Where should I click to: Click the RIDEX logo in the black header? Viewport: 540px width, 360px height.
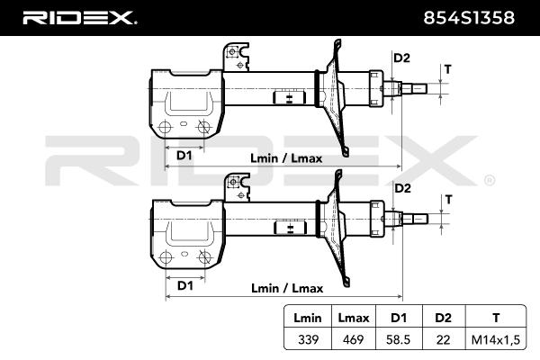(x=79, y=18)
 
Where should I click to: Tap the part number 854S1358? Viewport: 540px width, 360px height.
(x=469, y=18)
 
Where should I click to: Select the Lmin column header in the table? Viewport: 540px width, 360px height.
(x=308, y=318)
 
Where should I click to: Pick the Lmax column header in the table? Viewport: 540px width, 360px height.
(x=354, y=318)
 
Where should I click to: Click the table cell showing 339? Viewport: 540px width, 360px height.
(x=308, y=339)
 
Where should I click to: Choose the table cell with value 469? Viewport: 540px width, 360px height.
(x=354, y=339)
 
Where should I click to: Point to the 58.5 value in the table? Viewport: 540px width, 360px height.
(x=399, y=339)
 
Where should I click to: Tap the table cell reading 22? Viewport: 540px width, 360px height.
(x=443, y=339)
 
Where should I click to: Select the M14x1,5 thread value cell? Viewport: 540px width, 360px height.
(x=496, y=339)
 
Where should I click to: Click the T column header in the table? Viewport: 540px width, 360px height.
(x=496, y=318)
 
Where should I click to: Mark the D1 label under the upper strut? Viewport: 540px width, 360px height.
(x=184, y=156)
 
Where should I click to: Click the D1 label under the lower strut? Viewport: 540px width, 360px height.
(x=184, y=285)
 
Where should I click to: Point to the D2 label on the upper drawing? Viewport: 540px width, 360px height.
(x=401, y=58)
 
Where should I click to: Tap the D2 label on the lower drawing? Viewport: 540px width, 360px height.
(x=402, y=188)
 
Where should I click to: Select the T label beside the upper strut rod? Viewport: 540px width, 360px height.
(x=447, y=69)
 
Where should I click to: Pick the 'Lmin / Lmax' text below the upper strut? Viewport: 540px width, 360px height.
(x=286, y=158)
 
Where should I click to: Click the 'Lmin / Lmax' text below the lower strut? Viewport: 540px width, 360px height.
(x=287, y=288)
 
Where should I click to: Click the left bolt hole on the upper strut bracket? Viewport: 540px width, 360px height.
(x=165, y=128)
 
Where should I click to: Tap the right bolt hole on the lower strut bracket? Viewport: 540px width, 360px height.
(x=204, y=257)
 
